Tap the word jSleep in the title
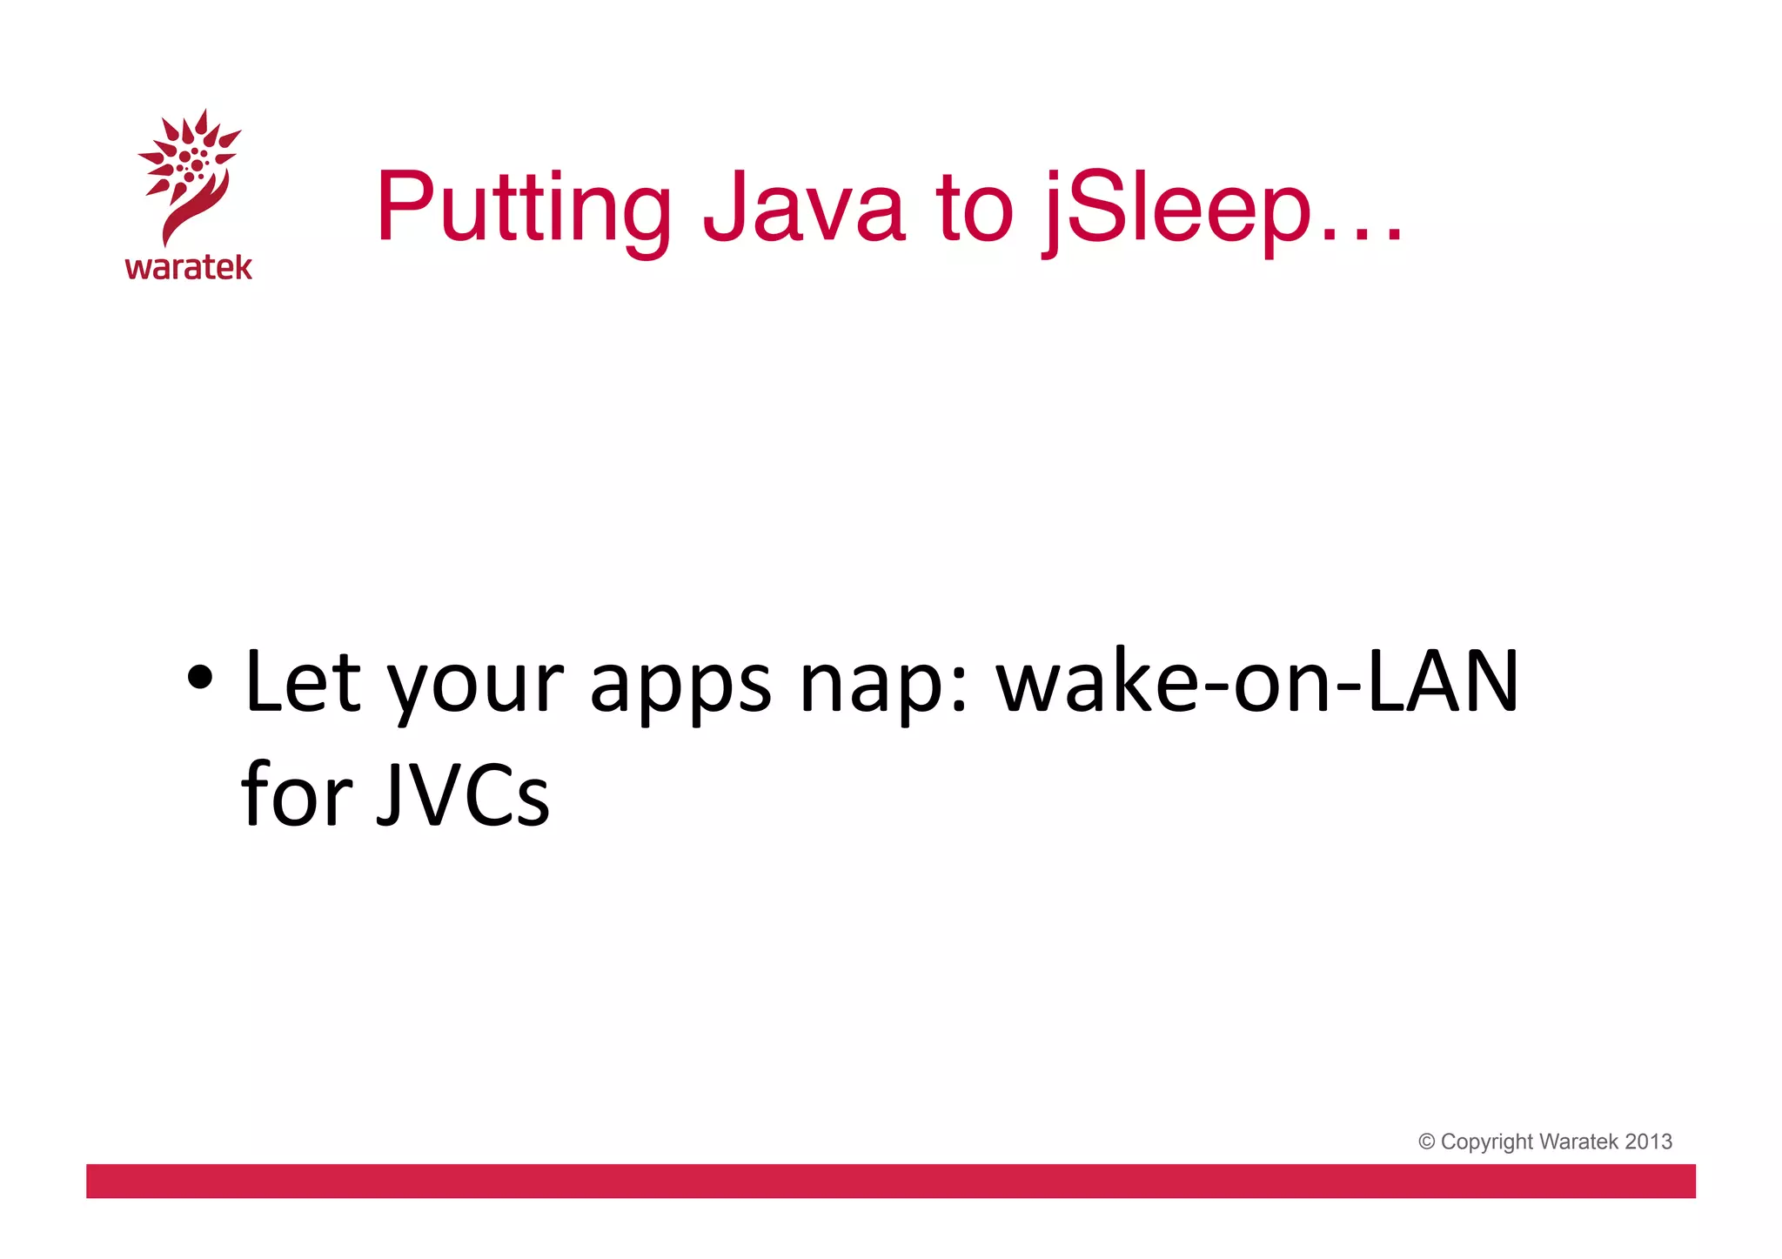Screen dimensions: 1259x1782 [x=1176, y=209]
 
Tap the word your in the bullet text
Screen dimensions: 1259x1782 [x=475, y=687]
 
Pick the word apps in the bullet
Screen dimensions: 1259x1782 [x=680, y=687]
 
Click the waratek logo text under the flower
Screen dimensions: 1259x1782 [x=188, y=267]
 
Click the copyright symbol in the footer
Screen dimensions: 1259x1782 [x=1426, y=1142]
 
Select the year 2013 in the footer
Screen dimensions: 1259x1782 [x=1648, y=1142]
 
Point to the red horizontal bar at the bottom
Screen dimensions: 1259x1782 [x=890, y=1181]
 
